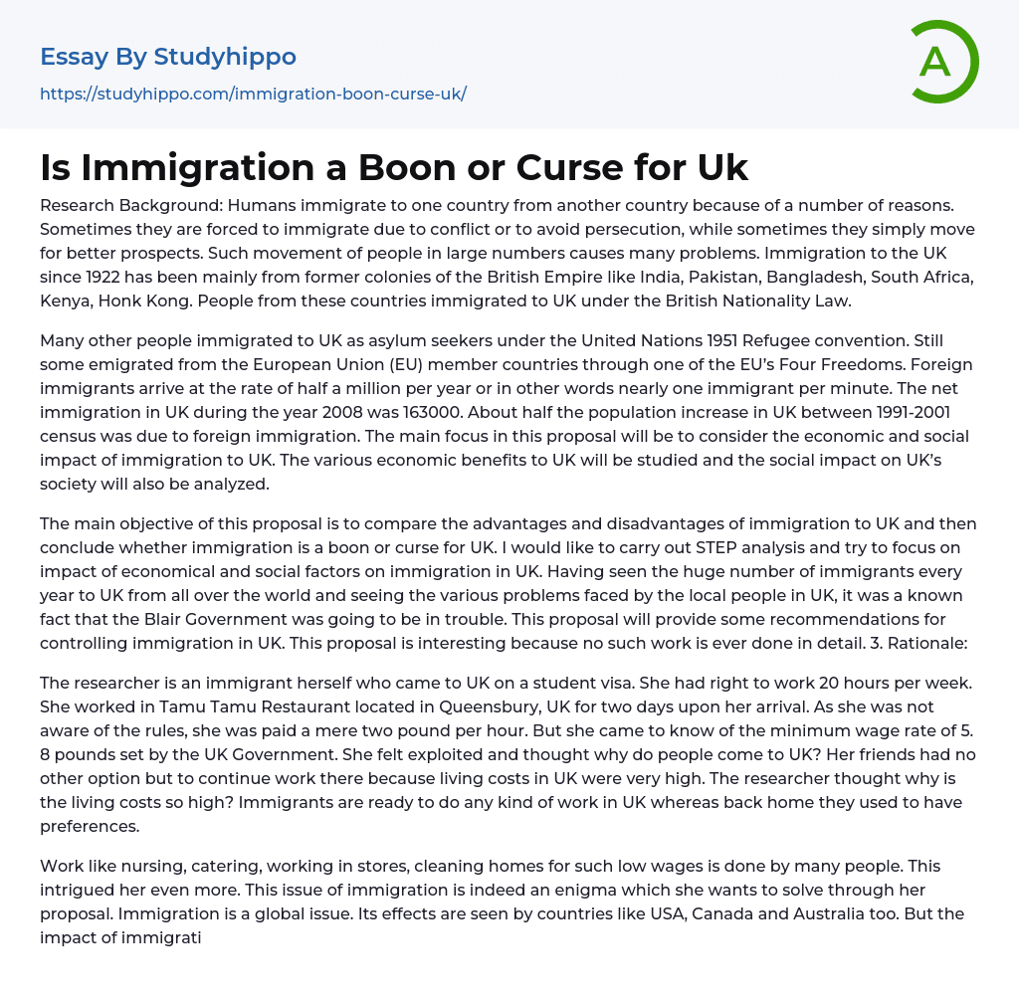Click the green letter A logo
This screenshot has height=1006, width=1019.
click(943, 62)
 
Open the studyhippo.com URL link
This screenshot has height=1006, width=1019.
click(253, 95)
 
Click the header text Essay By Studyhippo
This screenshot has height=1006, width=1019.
click(168, 57)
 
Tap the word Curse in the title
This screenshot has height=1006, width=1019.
click(562, 167)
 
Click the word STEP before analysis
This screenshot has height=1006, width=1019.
click(663, 547)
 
